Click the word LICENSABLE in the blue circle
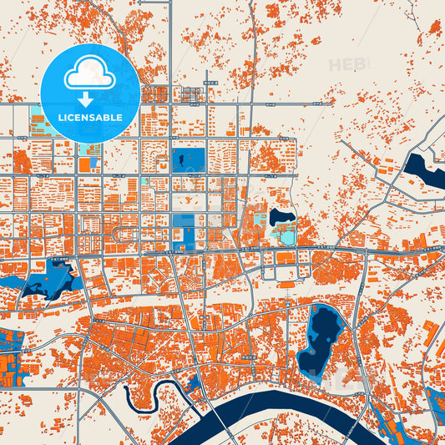click(x=90, y=118)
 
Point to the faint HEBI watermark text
click(x=346, y=64)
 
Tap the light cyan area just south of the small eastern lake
click(x=285, y=236)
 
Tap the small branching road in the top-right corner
click(x=412, y=12)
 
